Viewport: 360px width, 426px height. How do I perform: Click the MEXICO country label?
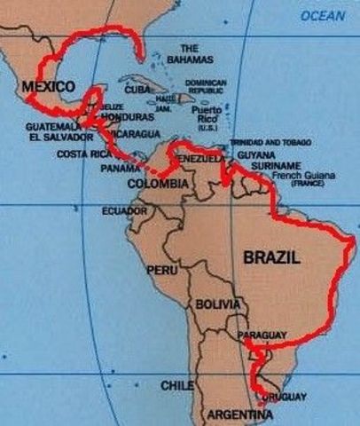click(x=44, y=87)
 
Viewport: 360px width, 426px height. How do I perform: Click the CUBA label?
click(x=137, y=90)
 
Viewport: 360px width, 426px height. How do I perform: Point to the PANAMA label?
click(x=121, y=168)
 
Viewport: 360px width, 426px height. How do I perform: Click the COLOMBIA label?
click(x=158, y=183)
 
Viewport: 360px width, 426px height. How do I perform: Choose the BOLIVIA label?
click(x=218, y=304)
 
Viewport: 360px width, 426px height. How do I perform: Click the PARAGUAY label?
click(x=262, y=335)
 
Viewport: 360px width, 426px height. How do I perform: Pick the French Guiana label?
click(x=302, y=176)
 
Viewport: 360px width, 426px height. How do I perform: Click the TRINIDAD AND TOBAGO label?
click(x=267, y=142)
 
